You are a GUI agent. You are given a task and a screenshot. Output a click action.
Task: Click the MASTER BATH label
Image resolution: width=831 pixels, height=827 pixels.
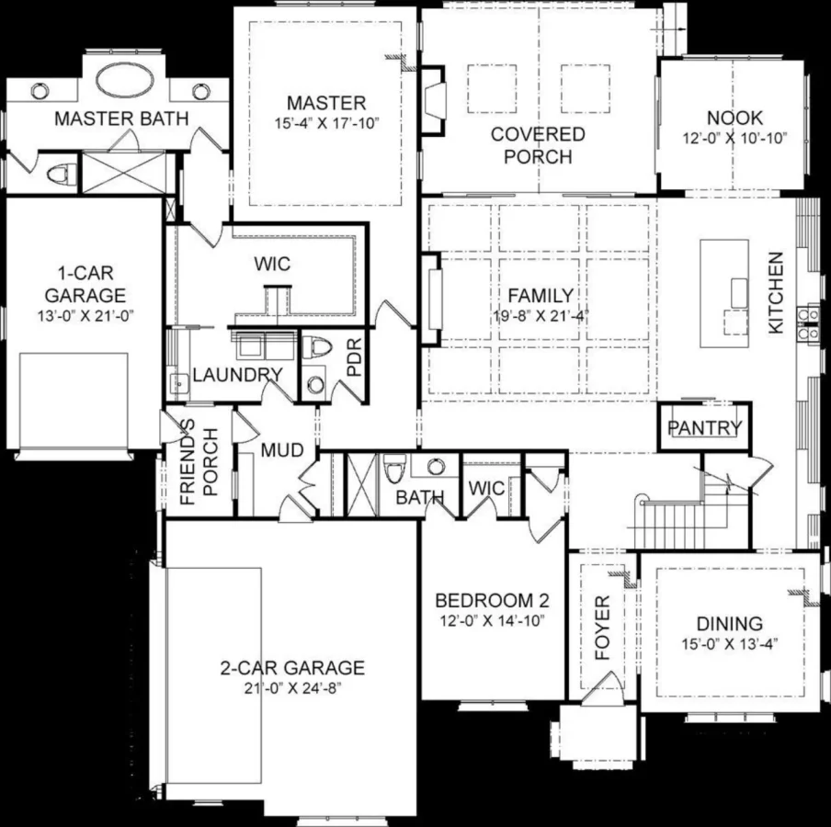121,119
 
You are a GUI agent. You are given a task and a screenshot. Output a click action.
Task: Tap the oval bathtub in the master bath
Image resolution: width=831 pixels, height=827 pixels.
126,80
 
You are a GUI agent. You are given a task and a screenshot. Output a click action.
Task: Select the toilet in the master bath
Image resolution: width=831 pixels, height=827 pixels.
63,173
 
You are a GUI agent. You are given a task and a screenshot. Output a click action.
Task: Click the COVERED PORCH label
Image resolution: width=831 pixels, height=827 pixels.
538,145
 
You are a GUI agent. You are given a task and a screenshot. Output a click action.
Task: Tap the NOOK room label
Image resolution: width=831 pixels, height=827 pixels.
734,118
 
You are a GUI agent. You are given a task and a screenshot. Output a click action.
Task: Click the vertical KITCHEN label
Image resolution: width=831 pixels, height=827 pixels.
777,292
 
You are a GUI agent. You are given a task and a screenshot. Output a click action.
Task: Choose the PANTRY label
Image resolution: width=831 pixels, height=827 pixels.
704,427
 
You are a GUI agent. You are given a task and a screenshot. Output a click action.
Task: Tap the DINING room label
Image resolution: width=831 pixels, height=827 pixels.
729,623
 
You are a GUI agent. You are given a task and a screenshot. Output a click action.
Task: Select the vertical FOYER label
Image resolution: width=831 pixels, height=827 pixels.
602,629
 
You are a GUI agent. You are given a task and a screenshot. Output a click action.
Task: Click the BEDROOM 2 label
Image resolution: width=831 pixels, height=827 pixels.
492,601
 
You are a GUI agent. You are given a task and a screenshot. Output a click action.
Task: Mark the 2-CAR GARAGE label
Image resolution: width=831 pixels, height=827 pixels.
292,668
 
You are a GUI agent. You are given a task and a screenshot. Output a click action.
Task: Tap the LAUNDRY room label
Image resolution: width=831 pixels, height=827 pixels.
236,375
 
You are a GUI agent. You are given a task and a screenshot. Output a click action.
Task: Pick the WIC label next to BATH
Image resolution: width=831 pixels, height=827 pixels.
486,488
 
